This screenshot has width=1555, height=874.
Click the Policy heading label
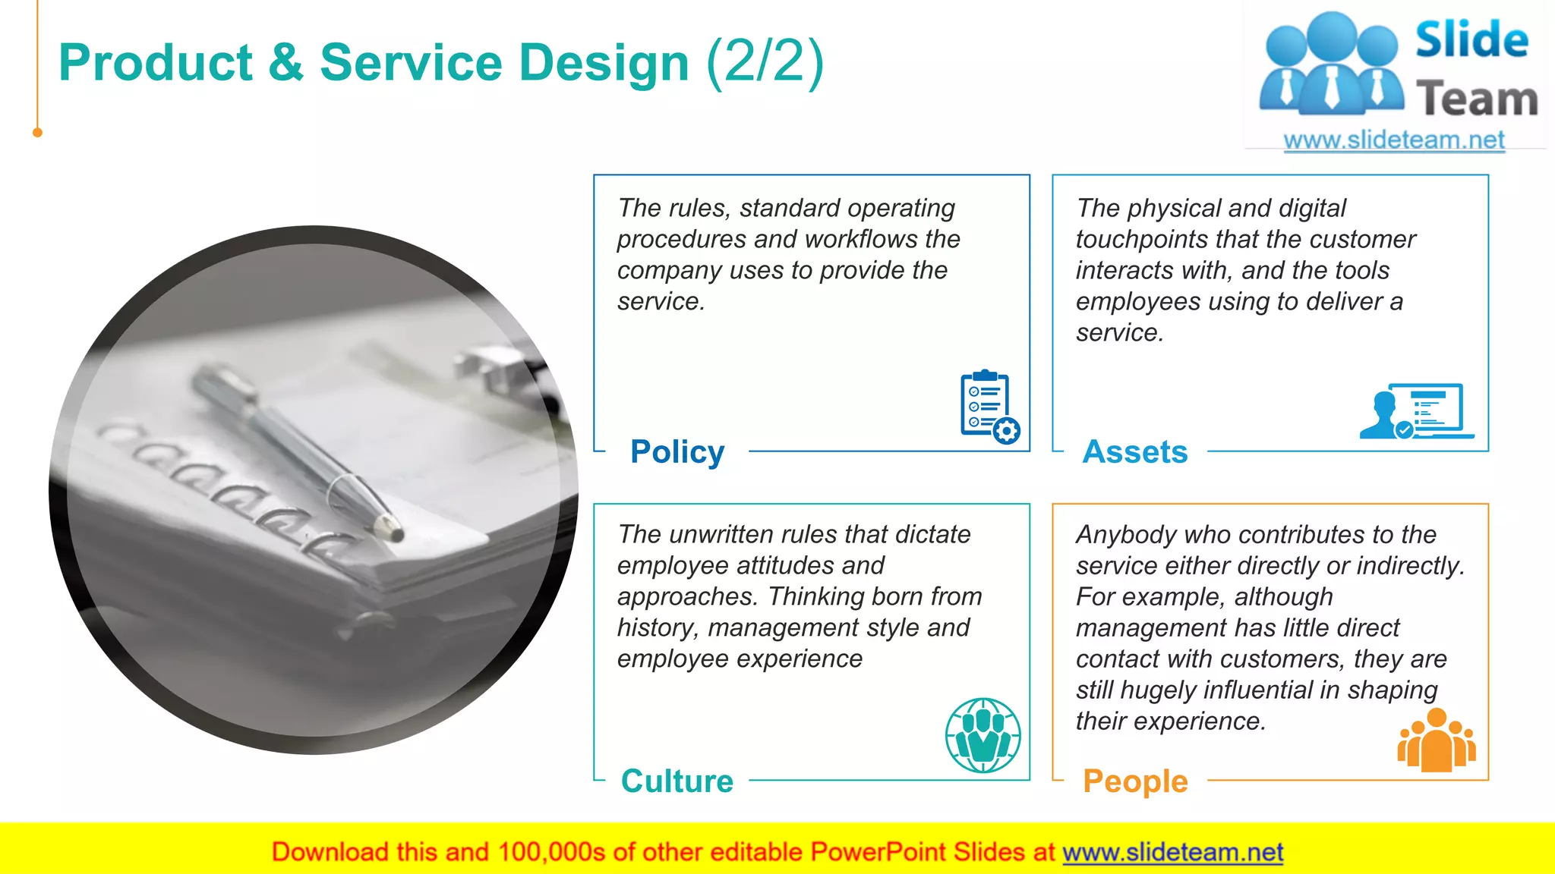tap(677, 452)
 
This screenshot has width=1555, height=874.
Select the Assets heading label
tap(1135, 452)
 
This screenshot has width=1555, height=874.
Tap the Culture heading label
tap(677, 781)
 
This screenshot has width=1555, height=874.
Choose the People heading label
tap(1135, 781)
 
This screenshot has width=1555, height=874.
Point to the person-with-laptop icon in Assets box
tap(1416, 412)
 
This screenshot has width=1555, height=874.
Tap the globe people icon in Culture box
tap(983, 735)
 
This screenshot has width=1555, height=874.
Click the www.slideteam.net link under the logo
tap(1394, 140)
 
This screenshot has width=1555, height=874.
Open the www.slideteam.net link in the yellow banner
tap(1172, 853)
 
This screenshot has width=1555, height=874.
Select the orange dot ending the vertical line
tap(37, 133)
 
